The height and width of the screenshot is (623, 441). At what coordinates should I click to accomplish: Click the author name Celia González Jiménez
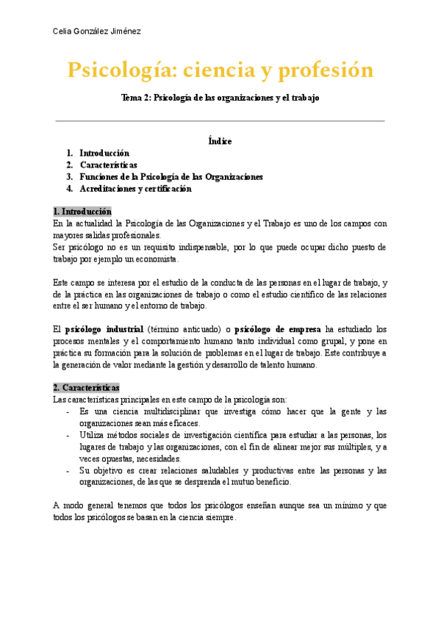[x=98, y=31]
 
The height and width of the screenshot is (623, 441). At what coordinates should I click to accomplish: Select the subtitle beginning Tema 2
[x=220, y=98]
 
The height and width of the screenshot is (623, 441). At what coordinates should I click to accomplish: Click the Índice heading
[x=220, y=141]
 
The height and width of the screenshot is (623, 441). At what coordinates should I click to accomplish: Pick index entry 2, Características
[x=108, y=165]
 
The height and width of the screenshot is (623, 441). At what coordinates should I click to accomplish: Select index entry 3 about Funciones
[x=171, y=176]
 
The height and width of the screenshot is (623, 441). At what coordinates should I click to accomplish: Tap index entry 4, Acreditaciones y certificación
[x=135, y=188]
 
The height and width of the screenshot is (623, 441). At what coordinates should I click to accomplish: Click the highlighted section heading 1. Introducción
[x=82, y=211]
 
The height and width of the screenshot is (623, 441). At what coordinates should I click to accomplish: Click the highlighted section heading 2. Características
[x=86, y=387]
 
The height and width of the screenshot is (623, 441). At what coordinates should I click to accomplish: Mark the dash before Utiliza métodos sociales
[x=68, y=435]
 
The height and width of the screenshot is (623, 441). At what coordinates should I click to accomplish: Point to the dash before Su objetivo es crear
[x=68, y=470]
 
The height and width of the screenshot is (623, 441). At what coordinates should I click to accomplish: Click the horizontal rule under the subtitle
[x=220, y=120]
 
